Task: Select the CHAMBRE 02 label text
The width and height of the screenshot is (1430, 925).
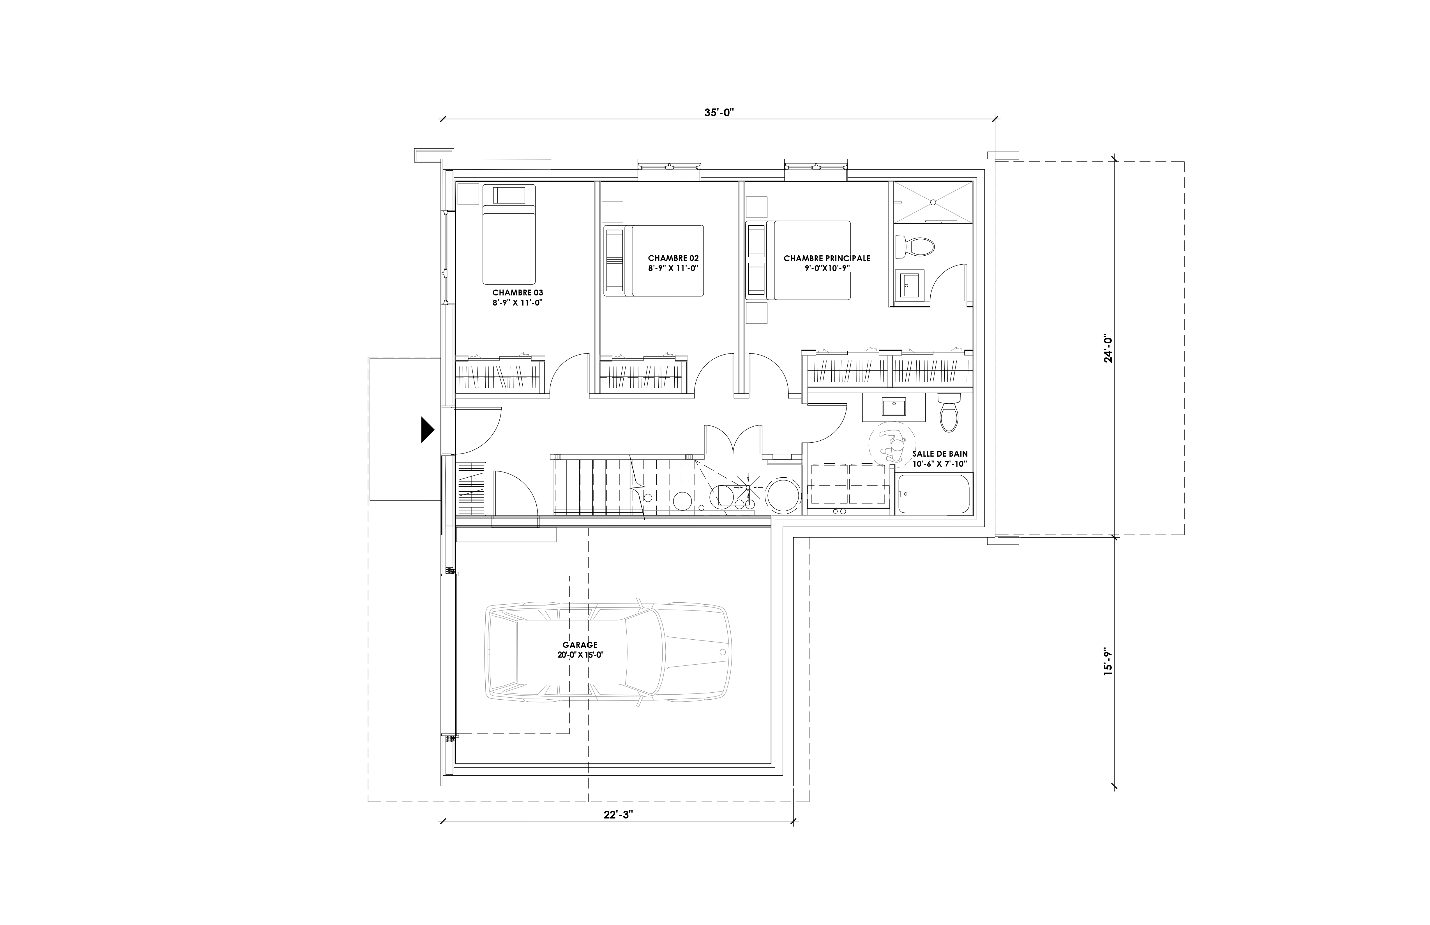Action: pos(673,258)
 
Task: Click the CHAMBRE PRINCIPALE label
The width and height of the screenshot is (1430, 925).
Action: pos(827,258)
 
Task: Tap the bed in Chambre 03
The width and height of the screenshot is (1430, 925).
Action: pos(508,234)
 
